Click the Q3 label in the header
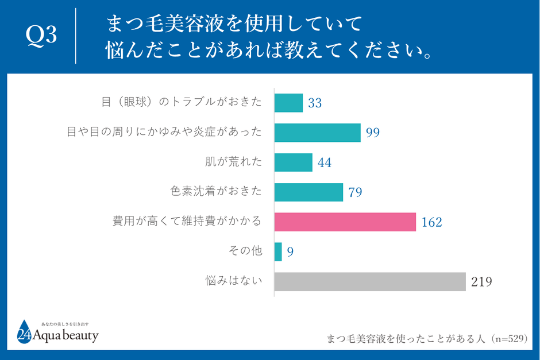(x=42, y=36)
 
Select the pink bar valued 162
(x=345, y=222)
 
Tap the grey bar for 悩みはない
(x=369, y=281)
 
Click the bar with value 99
(x=317, y=133)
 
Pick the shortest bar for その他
(x=278, y=251)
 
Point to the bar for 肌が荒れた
(x=293, y=162)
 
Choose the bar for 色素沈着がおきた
(x=308, y=192)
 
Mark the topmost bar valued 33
(x=288, y=103)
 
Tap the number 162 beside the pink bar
(x=431, y=222)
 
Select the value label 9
(x=290, y=252)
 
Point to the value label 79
(x=355, y=192)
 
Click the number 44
(x=324, y=162)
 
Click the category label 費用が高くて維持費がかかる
(x=187, y=221)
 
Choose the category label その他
(x=245, y=251)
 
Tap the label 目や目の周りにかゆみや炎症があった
(x=164, y=132)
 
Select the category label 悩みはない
(x=234, y=281)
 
